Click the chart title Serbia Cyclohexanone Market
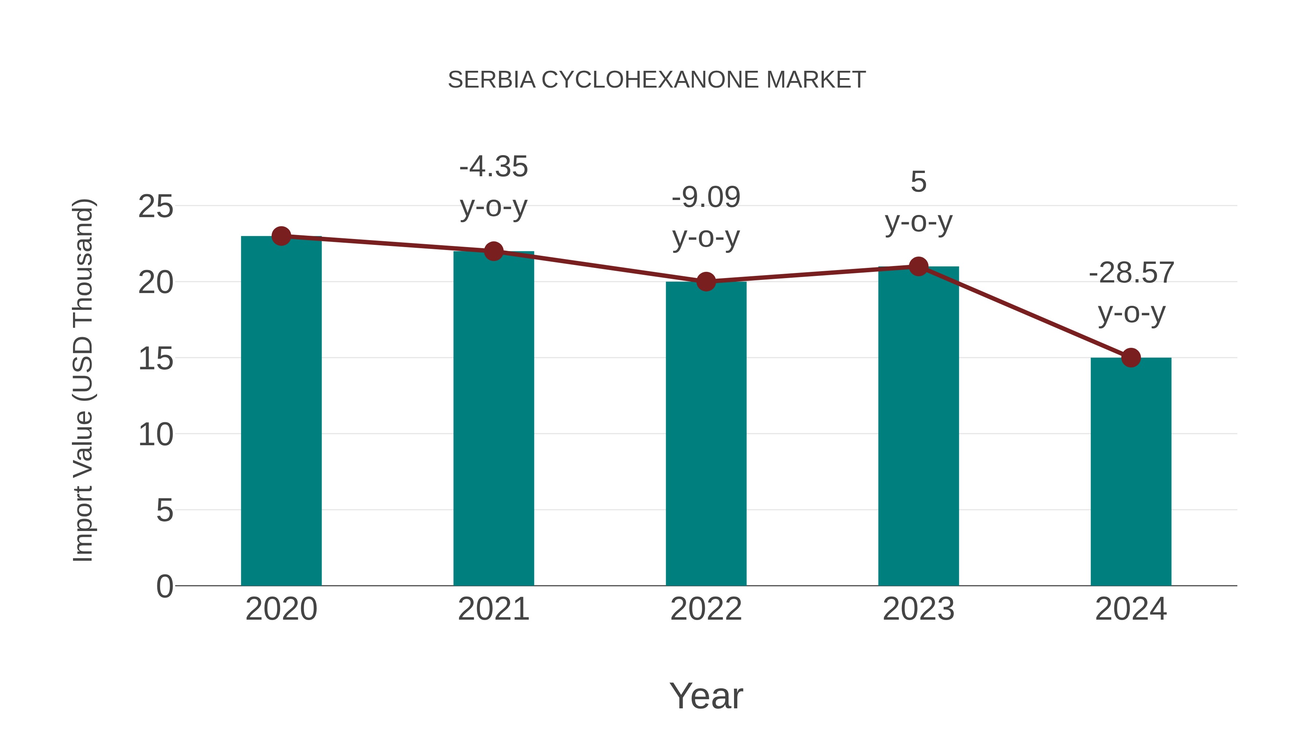(657, 80)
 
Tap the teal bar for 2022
(706, 434)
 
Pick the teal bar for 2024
(1131, 472)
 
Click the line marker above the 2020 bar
(281, 236)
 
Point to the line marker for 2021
(493, 251)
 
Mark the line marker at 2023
(918, 266)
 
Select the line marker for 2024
(1131, 358)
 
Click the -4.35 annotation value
(493, 167)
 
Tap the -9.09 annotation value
(706, 197)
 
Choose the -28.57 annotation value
(1131, 273)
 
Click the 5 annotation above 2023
(918, 182)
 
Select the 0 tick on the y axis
(164, 586)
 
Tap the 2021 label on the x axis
(493, 609)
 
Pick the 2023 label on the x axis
(918, 609)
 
